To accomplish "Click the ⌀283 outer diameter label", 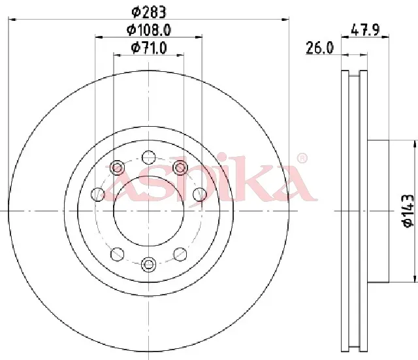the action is point(149,12).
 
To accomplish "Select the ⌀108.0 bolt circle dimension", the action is point(149,31).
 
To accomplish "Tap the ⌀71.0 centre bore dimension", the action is point(149,48).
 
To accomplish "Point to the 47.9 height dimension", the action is point(365,29).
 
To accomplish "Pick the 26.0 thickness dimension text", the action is point(319,48).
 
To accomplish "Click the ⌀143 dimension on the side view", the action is point(408,211).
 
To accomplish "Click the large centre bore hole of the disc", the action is point(149,211).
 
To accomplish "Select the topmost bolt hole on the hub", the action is point(149,157).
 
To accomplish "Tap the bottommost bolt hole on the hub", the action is point(148,265).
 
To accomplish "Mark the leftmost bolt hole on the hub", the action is point(98,194).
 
